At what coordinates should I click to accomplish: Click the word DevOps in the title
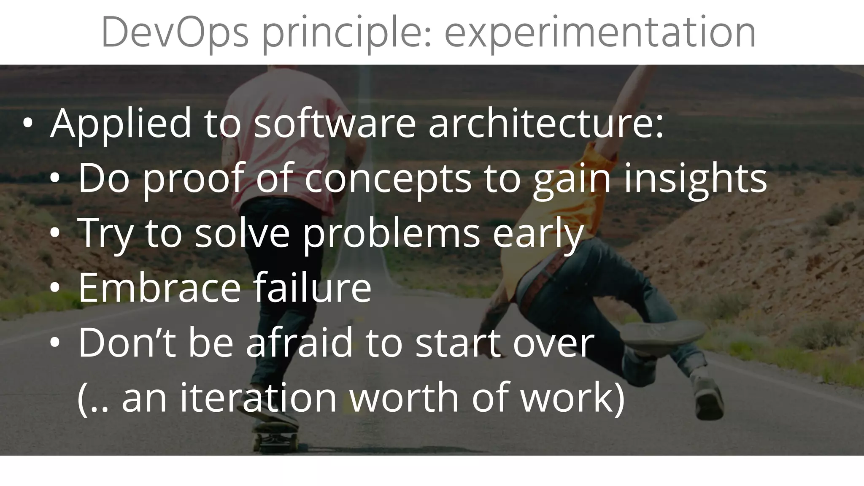coord(175,33)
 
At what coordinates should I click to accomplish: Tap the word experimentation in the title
coord(599,33)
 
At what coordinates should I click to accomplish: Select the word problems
coord(391,235)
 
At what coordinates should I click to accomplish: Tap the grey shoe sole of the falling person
coord(662,333)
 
